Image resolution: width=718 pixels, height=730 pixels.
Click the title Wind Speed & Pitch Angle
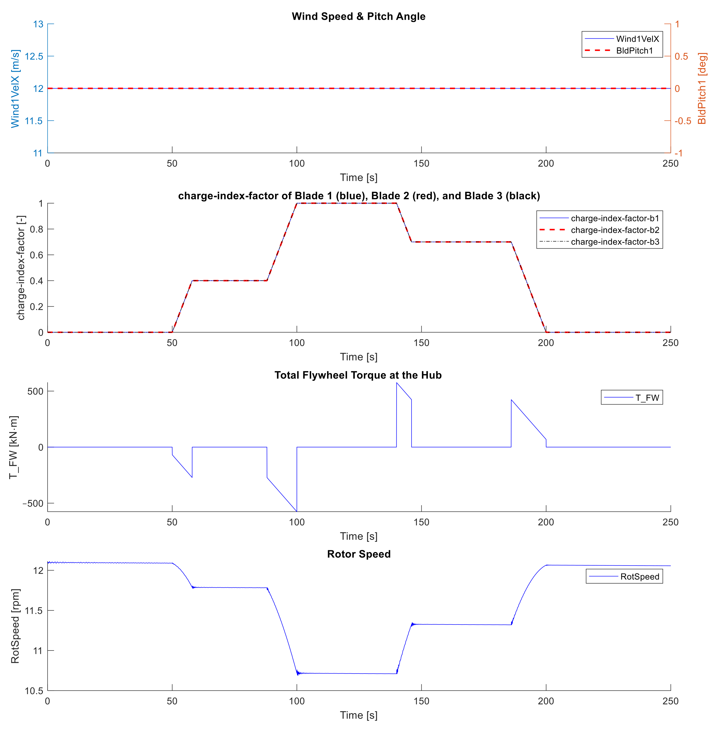[x=358, y=17]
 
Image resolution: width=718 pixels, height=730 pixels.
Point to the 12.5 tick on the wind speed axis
[x=34, y=56]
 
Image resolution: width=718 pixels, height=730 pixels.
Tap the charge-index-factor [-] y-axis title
[x=21, y=268]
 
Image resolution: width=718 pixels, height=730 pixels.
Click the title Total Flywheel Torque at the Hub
[x=358, y=375]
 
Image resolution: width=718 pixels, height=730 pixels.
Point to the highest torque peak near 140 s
[x=397, y=383]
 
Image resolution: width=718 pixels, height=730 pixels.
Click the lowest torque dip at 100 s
[x=297, y=511]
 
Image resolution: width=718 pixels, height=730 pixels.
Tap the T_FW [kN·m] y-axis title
[x=14, y=447]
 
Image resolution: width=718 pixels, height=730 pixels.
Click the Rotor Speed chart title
[x=359, y=554]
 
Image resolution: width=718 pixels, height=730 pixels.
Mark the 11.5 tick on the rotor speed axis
[x=34, y=610]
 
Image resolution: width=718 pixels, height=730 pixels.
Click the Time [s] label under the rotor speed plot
[x=359, y=715]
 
